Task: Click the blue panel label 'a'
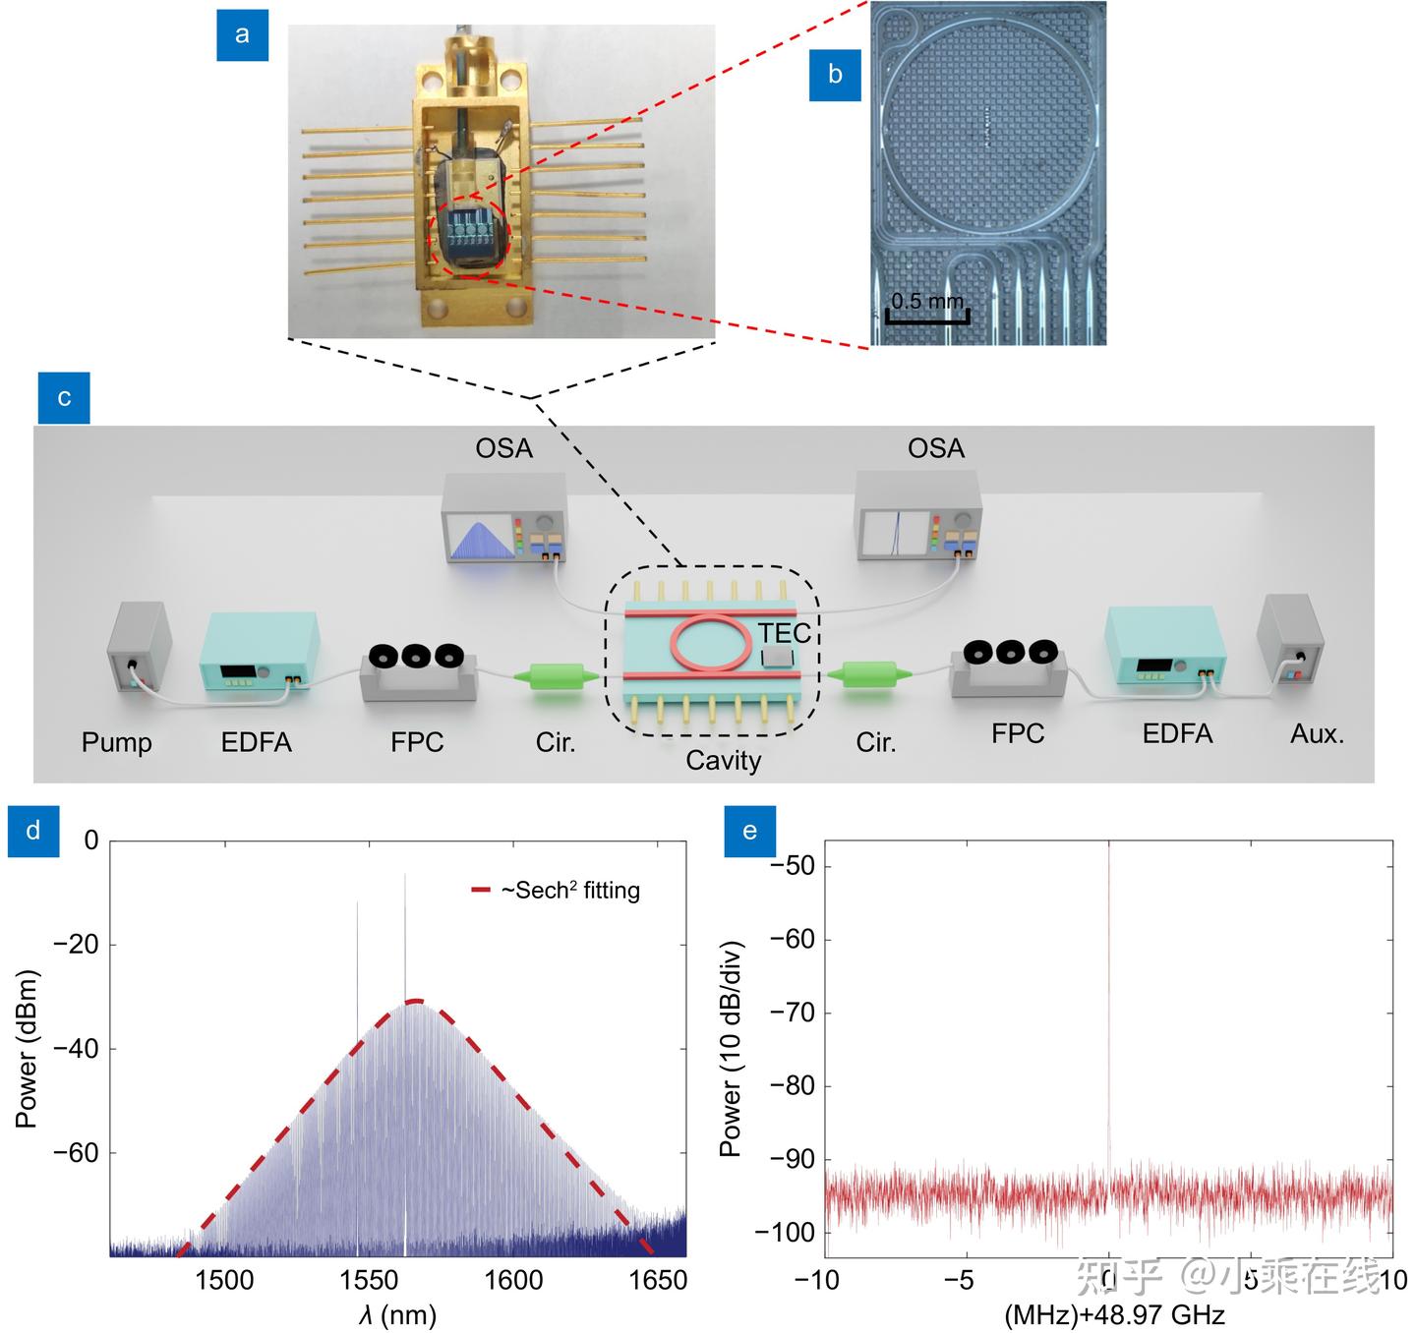[242, 35]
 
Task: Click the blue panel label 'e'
[749, 832]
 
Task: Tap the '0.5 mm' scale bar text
[927, 301]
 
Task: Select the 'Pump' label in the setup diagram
[117, 742]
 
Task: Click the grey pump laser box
[139, 646]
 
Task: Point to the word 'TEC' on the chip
[784, 633]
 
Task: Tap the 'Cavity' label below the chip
[724, 761]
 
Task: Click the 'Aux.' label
[1317, 734]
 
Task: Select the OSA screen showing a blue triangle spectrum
[484, 540]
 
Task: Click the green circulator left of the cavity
[556, 676]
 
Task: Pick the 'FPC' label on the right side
[1018, 734]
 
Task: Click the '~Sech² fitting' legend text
[570, 891]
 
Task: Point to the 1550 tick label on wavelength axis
[369, 1280]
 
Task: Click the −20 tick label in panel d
[76, 945]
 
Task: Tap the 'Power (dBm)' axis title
[27, 1048]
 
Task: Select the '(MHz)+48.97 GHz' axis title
[1114, 1314]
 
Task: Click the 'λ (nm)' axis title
[397, 1314]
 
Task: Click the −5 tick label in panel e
[959, 1279]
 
